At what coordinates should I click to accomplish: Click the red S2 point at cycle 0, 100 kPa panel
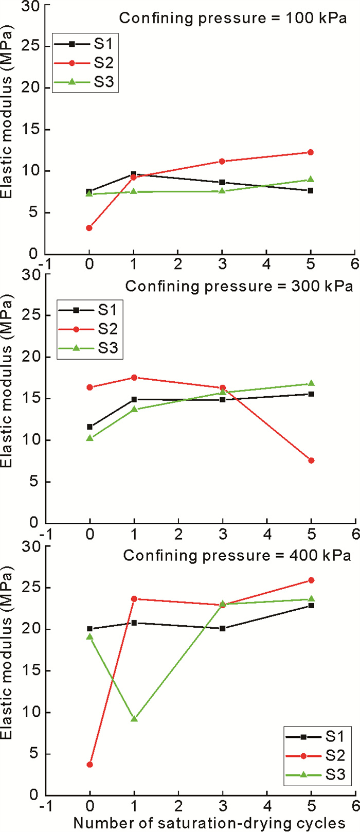click(89, 227)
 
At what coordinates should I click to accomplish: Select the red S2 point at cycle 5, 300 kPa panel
click(311, 461)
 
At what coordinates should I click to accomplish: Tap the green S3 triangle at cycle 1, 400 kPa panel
click(134, 718)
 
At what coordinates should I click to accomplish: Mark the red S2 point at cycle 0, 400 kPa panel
click(89, 765)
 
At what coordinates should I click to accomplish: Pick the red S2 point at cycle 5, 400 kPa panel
click(311, 580)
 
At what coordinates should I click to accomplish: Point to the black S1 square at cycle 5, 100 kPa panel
click(311, 190)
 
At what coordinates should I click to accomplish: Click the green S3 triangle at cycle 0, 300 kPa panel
click(89, 438)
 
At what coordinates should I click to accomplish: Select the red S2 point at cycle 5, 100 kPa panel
click(311, 152)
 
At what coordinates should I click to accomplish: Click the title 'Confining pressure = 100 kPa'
click(233, 19)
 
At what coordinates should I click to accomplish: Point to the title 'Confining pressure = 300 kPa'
click(239, 286)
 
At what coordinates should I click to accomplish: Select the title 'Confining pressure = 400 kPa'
click(237, 556)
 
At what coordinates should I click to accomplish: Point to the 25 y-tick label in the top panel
click(30, 46)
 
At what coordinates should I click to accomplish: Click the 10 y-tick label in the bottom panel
click(30, 713)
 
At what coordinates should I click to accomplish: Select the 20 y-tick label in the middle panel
click(30, 357)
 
